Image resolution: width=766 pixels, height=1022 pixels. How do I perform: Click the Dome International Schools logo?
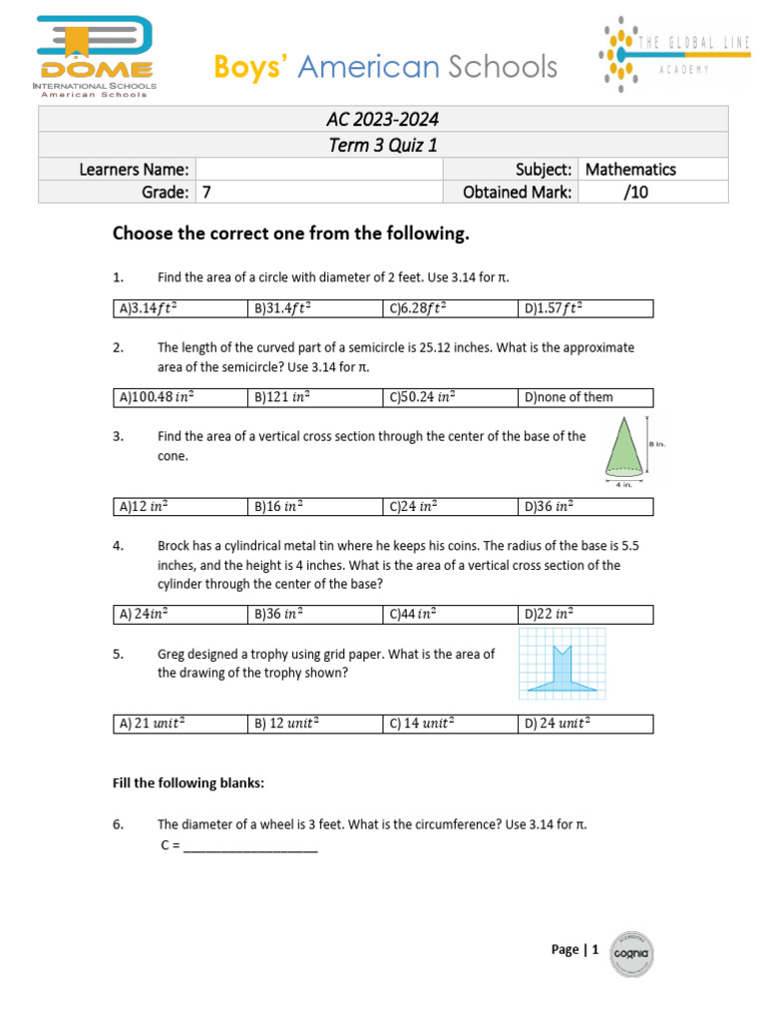pos(95,56)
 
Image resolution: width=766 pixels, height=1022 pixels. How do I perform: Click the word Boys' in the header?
pos(251,68)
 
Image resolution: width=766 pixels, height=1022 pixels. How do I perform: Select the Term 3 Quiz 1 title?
pos(383,145)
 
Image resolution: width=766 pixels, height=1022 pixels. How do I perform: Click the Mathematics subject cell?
pos(630,169)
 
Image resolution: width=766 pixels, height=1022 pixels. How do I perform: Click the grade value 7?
pos(207,193)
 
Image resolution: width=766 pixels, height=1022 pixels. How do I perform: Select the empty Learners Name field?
pos(318,169)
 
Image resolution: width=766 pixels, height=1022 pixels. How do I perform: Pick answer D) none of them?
pos(569,397)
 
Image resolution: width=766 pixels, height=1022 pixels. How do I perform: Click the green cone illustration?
pos(623,447)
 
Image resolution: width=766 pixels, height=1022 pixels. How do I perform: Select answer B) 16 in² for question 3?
pos(278,506)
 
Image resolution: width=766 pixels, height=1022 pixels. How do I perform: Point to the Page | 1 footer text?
pos(574,950)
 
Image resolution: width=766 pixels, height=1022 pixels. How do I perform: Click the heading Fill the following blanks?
pos(188,783)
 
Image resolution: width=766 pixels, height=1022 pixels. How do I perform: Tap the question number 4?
pos(118,546)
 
